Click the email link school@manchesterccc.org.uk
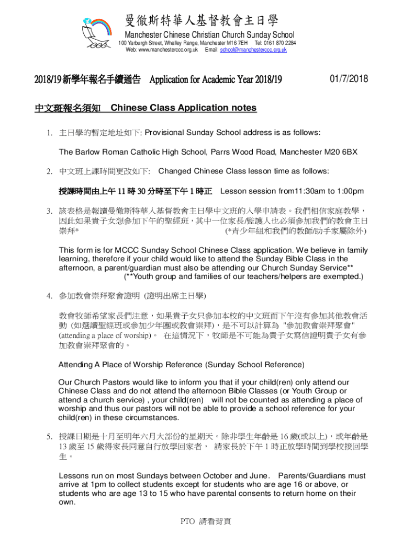(x=253, y=50)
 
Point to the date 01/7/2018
(x=349, y=79)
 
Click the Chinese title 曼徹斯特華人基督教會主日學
(x=201, y=21)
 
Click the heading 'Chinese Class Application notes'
(x=184, y=108)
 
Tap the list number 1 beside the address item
(x=48, y=133)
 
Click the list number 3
(x=48, y=212)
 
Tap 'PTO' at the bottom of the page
(x=187, y=521)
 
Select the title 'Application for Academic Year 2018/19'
(x=216, y=80)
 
